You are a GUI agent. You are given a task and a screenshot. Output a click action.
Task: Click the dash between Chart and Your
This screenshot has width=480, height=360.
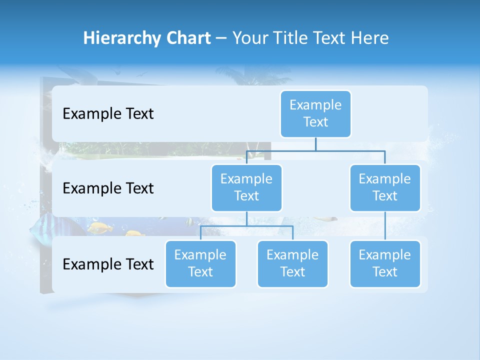(x=221, y=38)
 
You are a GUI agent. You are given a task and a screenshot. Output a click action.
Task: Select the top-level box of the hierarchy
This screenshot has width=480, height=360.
(x=315, y=114)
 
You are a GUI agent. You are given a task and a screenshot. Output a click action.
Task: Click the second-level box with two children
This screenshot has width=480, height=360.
(x=246, y=187)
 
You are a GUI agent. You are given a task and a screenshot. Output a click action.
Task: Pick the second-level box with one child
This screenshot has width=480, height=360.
(x=385, y=187)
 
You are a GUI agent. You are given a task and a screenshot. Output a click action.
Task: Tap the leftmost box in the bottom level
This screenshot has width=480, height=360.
(x=200, y=264)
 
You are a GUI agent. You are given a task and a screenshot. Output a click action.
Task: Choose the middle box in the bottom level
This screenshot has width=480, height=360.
(x=292, y=264)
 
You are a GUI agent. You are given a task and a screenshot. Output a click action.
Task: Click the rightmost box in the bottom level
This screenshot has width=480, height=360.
(x=385, y=264)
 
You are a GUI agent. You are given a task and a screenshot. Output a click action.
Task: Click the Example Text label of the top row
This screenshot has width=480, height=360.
(x=108, y=114)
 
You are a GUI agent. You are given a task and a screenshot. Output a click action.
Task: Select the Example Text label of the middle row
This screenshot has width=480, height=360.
(x=108, y=188)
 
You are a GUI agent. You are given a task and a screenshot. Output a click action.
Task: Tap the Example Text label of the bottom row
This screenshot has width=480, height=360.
(x=108, y=264)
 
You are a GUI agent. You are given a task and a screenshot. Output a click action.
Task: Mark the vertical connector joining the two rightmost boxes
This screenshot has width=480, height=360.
(x=385, y=226)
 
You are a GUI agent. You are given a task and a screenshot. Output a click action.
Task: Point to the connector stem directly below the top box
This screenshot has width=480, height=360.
(x=315, y=144)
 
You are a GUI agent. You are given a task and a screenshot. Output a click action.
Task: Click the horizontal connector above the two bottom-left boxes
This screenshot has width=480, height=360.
(x=246, y=226)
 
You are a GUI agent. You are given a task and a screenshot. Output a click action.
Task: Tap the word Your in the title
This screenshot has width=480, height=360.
(x=248, y=38)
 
